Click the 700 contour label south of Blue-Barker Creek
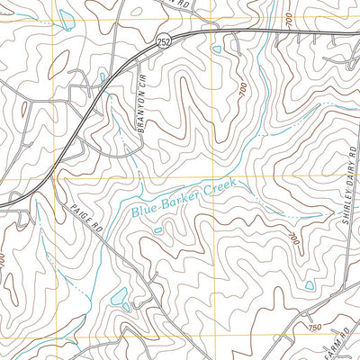292,238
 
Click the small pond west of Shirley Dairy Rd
310,285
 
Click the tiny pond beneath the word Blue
157,230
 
